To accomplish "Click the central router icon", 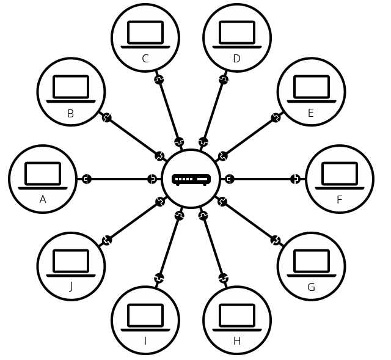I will coord(191,179).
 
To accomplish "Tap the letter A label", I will coord(43,199).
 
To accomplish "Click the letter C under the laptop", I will coord(145,59).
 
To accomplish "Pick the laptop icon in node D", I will coord(237,34).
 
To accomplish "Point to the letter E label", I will coord(311,113).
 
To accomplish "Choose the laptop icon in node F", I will coord(340,175).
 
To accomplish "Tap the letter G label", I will coord(311,287).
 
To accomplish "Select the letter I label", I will coord(145,341).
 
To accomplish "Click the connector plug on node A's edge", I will coord(87,179).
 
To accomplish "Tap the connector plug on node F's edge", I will coord(296,179).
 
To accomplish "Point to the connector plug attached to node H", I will coord(224,279).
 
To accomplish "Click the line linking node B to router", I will coord(133,136).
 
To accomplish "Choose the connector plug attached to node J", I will coord(107,240).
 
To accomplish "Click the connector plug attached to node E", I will coord(276,117).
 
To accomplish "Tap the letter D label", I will coord(237,59).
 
